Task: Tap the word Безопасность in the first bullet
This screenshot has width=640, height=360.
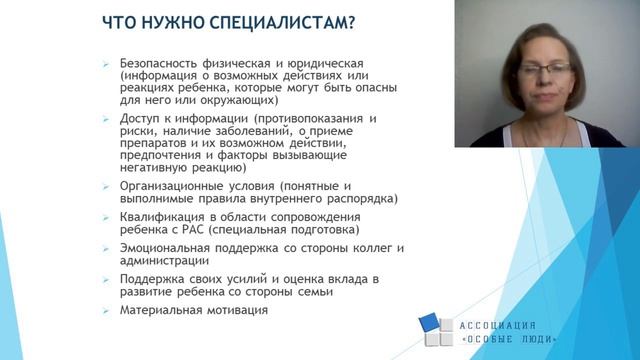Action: (160, 60)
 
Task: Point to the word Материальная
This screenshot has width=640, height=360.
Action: (160, 310)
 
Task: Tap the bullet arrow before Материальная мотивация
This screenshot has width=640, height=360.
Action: (106, 310)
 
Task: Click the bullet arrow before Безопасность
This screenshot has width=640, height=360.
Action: (106, 61)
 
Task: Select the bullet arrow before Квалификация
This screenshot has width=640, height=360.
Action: (106, 216)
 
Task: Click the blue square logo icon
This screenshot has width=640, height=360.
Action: (436, 330)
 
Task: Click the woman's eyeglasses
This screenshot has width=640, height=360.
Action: (544, 68)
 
